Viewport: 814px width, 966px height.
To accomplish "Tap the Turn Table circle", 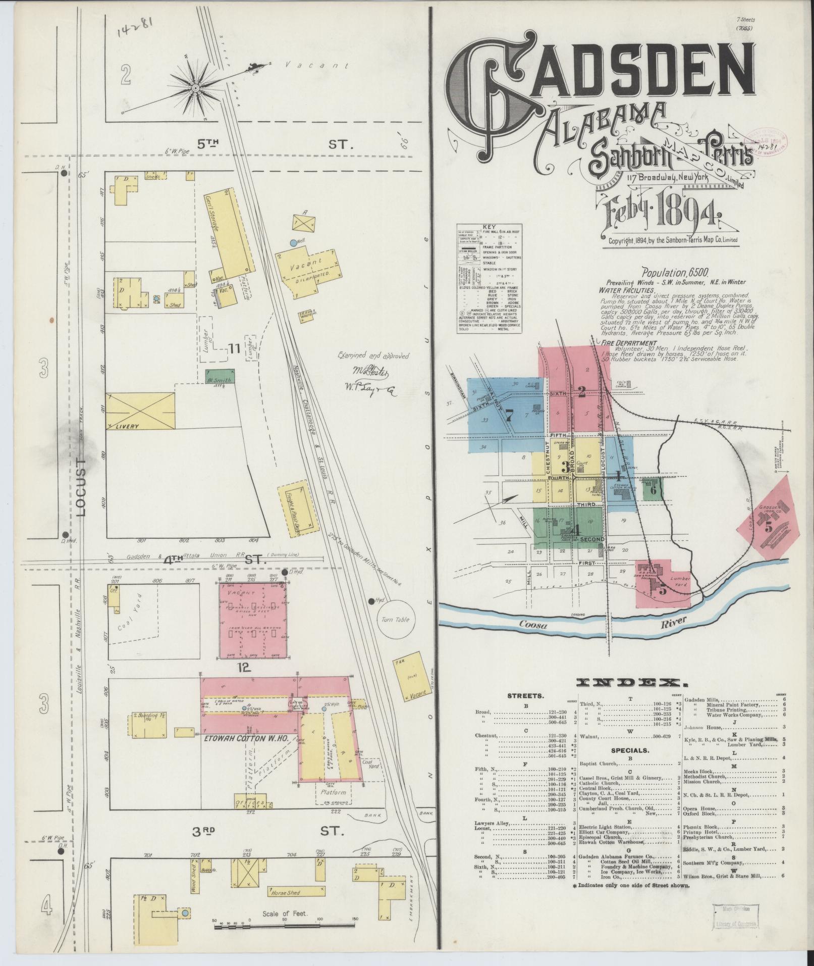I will [x=394, y=620].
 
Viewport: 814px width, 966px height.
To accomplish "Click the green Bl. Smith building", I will [x=219, y=379].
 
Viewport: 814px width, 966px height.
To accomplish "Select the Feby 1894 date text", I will [x=666, y=211].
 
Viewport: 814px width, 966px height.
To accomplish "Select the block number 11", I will [x=233, y=348].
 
